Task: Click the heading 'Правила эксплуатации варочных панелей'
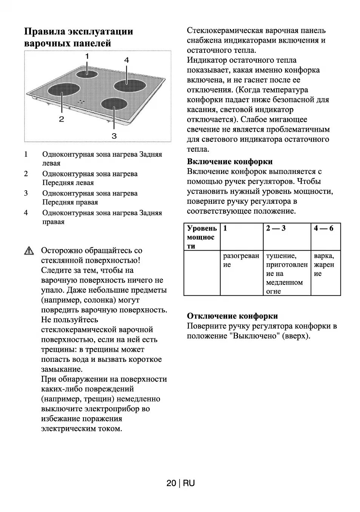coord(78,37)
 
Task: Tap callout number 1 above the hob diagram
coord(87,56)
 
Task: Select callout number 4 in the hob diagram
coord(126,60)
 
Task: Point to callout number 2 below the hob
coord(61,119)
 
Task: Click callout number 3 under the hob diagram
coord(114,135)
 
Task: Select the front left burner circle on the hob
coord(64,91)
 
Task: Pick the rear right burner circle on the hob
coord(129,86)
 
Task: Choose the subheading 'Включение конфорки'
coord(229,161)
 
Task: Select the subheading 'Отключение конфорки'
coord(232,316)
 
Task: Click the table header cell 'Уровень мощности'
coord(202,237)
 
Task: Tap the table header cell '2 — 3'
coord(275,228)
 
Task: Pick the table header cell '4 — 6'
coord(323,228)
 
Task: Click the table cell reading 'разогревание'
coord(241,260)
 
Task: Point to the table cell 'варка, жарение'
coord(324,264)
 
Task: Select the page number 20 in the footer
coord(171,483)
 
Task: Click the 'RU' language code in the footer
coord(189,483)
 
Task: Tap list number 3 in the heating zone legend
coord(26,193)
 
